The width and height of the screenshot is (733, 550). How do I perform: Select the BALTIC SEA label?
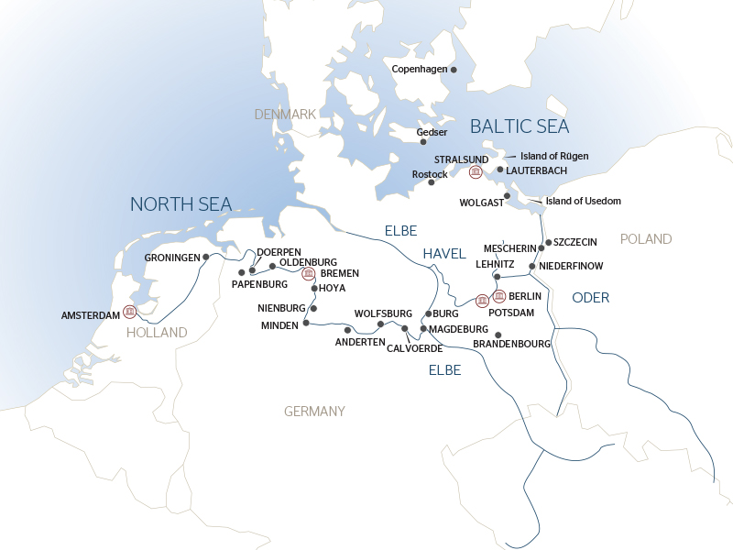click(x=520, y=126)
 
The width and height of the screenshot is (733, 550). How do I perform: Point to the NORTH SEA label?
click(x=181, y=203)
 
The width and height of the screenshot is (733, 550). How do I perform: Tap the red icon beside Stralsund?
click(x=475, y=171)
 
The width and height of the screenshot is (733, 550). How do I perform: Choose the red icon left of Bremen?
click(x=309, y=273)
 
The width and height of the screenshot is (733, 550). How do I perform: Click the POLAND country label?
click(x=646, y=238)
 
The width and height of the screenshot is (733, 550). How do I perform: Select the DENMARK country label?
click(x=285, y=114)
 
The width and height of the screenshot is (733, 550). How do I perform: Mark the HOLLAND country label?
click(x=158, y=333)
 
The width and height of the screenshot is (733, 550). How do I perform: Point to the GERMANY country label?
click(x=314, y=411)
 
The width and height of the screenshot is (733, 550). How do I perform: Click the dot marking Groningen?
click(x=206, y=258)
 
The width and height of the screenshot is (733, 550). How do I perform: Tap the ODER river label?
click(x=590, y=298)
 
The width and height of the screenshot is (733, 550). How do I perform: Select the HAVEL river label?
click(x=444, y=253)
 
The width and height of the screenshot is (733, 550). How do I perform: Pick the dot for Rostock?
click(x=431, y=182)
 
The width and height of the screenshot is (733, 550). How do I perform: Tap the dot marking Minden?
click(x=305, y=324)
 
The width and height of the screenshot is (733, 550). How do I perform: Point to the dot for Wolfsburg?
click(x=380, y=324)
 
